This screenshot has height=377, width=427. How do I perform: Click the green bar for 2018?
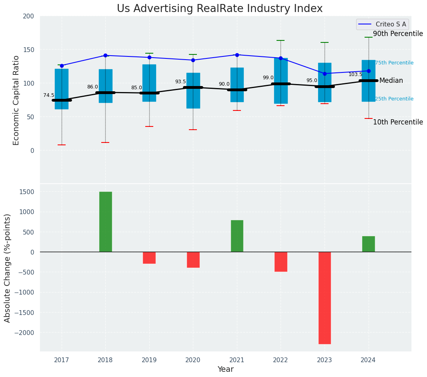click(105, 222)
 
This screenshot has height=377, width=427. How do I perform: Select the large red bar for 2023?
click(325, 298)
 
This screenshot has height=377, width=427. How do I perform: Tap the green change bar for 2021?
click(237, 236)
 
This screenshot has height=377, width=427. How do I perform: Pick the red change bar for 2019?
click(149, 258)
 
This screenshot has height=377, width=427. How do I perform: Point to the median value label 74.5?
click(49, 95)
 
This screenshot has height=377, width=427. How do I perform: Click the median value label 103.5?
click(355, 74)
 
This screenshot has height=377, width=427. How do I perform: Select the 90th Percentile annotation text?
click(398, 34)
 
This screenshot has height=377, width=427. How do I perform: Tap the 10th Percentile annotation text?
click(398, 122)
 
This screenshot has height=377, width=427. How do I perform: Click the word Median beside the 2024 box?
click(391, 80)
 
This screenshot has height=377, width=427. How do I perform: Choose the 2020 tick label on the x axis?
click(193, 361)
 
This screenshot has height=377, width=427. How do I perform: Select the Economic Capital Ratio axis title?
click(16, 100)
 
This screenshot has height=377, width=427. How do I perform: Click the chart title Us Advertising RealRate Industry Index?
click(220, 9)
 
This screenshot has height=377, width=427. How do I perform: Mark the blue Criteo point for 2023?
click(325, 74)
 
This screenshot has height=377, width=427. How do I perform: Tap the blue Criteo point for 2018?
click(105, 55)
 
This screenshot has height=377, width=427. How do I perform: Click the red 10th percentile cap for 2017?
click(62, 145)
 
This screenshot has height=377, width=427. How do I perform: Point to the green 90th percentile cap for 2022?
click(281, 40)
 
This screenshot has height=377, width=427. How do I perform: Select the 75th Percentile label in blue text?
click(394, 63)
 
